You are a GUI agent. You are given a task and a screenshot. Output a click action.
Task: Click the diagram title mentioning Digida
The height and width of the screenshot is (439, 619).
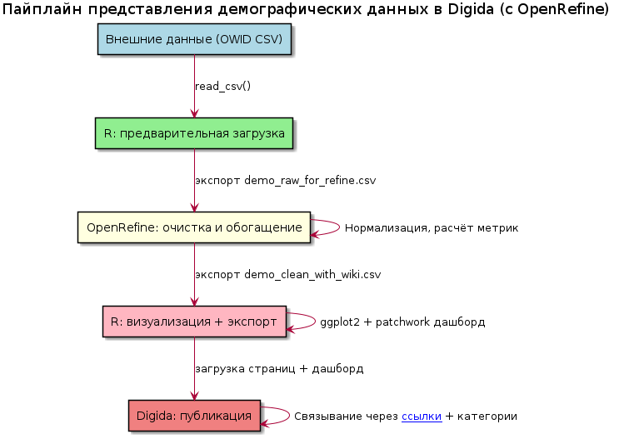pyautogui.click(x=308, y=11)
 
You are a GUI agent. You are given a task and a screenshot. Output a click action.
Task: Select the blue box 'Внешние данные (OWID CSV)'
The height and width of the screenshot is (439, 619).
pyautogui.click(x=194, y=40)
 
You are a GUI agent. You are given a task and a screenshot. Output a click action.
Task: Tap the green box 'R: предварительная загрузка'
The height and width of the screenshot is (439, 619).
pyautogui.click(x=194, y=133)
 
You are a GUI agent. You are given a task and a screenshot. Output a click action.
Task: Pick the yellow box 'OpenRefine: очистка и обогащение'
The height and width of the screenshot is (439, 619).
pyautogui.click(x=194, y=227)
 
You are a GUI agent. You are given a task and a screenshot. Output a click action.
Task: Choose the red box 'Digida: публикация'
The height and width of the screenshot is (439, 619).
pyautogui.click(x=194, y=416)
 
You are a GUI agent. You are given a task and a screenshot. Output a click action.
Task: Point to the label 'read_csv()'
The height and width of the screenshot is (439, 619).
pyautogui.click(x=222, y=87)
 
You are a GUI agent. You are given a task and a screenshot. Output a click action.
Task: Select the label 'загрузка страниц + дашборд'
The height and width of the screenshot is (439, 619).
pyautogui.click(x=279, y=368)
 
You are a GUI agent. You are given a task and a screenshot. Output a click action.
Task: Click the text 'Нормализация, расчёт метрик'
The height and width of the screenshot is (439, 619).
pyautogui.click(x=432, y=228)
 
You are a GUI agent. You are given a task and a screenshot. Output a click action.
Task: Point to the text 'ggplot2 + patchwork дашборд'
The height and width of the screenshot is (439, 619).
pyautogui.click(x=402, y=322)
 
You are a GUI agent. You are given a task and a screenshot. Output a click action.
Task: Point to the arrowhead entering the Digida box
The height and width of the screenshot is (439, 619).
pyautogui.click(x=194, y=396)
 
